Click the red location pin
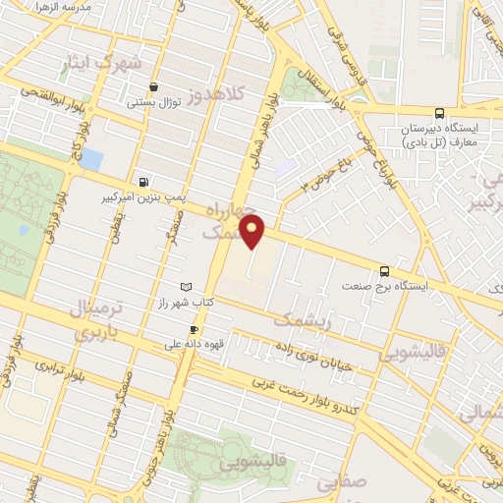point(253,232)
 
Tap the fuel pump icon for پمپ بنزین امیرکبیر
point(145,181)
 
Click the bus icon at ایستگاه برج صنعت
point(383,271)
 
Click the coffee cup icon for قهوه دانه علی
point(194,329)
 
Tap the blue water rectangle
point(91,158)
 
